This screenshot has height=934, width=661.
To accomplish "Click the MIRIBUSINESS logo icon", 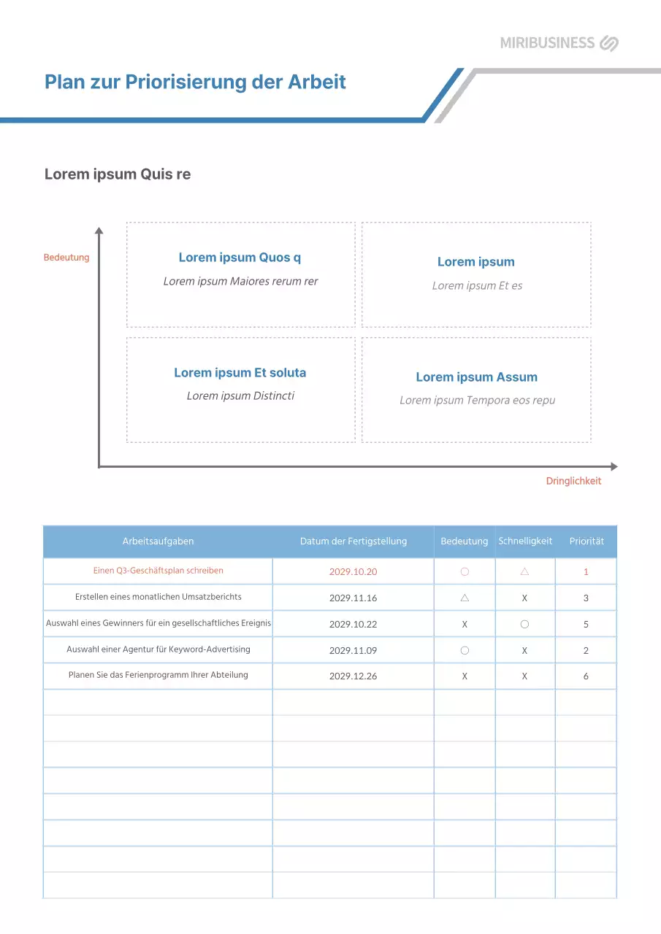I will click(x=609, y=43).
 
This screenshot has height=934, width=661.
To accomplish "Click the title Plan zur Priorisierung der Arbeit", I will click(x=195, y=81).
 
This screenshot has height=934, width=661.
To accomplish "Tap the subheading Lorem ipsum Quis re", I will click(x=118, y=174).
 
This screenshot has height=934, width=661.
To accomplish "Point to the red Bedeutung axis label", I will click(x=66, y=258).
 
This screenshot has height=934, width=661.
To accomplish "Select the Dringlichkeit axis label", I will click(x=573, y=481).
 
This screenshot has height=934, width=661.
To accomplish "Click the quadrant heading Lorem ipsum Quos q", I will click(x=240, y=258).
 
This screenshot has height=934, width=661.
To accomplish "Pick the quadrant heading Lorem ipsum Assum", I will click(x=476, y=377).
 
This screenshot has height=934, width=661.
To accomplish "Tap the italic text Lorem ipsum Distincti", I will click(x=240, y=396).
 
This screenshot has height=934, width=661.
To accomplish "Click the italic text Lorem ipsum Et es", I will click(x=477, y=286).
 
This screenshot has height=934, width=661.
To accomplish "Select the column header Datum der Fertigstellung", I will click(x=354, y=541).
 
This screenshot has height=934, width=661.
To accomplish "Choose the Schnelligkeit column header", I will click(x=525, y=541).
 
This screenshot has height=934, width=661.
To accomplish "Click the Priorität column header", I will click(x=587, y=541).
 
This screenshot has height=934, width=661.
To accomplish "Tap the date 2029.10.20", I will click(x=354, y=572).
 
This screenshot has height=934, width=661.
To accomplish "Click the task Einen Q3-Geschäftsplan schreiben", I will click(x=158, y=571).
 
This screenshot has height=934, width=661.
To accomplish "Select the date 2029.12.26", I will click(x=354, y=676).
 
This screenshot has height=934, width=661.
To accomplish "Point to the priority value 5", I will click(x=586, y=625).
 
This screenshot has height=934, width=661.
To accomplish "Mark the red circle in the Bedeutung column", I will click(x=465, y=572).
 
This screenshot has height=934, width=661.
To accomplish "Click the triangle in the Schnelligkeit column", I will click(x=524, y=572).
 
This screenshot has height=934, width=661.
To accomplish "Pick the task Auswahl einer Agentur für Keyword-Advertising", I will click(x=158, y=649).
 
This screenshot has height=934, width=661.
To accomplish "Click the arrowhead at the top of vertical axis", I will click(x=99, y=231).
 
